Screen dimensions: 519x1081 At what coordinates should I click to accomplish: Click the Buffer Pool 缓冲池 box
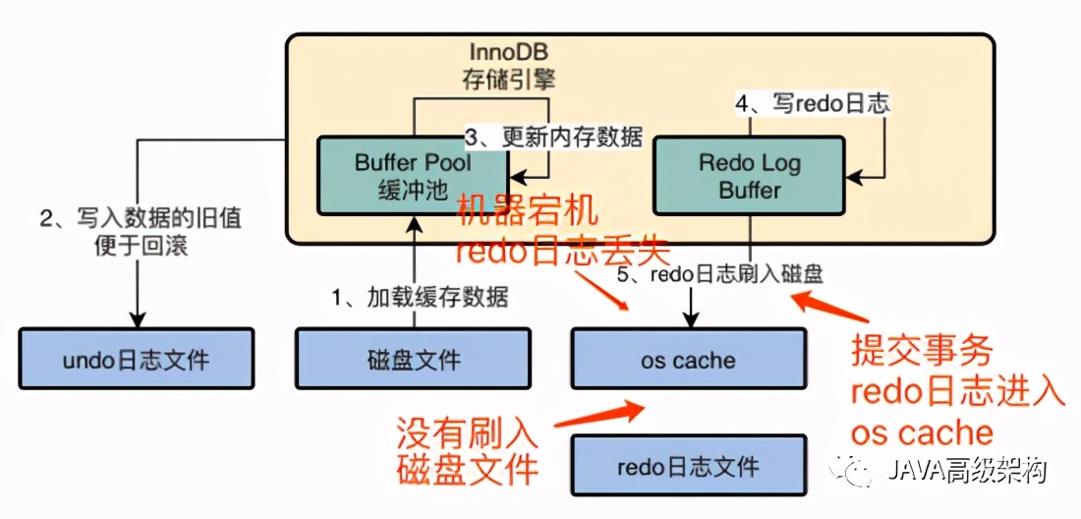(413, 175)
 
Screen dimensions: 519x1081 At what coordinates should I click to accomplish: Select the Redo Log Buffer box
(749, 175)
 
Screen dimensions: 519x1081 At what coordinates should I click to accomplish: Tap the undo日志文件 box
(136, 359)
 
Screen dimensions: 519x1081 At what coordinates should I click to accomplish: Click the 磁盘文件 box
(413, 359)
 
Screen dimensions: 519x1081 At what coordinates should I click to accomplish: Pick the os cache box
(688, 359)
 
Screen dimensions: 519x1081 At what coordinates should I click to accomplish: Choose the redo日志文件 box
(688, 466)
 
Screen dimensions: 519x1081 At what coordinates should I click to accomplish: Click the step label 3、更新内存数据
(553, 137)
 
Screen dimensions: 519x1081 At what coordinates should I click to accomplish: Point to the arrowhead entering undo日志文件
(138, 318)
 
